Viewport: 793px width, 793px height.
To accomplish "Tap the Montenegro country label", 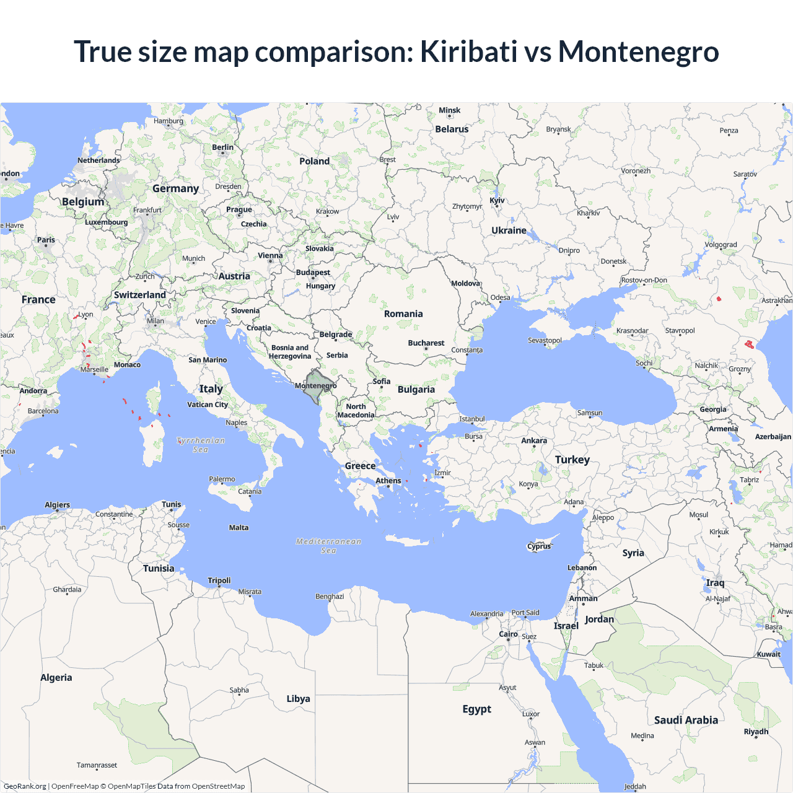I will point(315,385).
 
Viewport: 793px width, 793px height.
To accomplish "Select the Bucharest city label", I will point(426,343).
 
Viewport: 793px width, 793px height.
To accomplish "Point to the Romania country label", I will point(403,314).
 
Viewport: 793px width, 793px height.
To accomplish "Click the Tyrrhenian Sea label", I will point(201,445).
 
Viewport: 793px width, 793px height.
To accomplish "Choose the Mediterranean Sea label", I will point(328,546).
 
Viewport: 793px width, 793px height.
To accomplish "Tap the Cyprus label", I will point(539,546).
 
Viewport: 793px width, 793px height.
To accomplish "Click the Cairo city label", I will point(508,634).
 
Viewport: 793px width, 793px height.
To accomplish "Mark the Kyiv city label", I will point(497,201).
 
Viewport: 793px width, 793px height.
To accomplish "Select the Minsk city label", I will point(449,110).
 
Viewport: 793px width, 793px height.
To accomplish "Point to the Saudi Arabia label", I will point(686,720).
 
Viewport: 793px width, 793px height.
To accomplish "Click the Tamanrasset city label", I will point(97,765).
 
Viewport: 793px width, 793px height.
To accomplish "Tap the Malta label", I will point(239,528).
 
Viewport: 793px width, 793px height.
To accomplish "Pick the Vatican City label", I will point(208,405).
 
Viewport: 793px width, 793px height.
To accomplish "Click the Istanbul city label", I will point(471,419).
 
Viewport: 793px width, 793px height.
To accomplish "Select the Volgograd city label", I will point(721,245).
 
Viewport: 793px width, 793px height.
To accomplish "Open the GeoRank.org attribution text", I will point(25,786).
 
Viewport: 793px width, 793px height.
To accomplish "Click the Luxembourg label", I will point(106,222).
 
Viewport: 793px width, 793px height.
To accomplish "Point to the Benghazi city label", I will point(330,597).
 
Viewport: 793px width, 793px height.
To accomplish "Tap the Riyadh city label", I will point(756,732).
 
